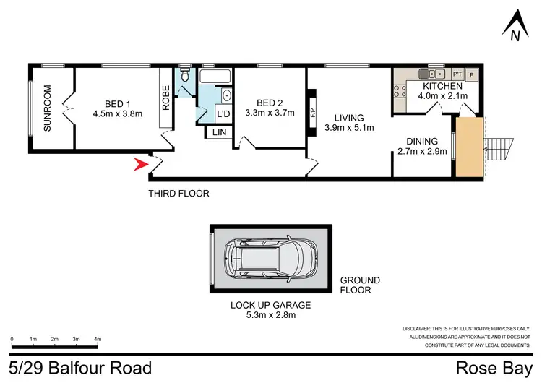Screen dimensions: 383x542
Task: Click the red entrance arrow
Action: (x=140, y=166)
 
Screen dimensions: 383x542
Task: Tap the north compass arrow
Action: (x=514, y=23)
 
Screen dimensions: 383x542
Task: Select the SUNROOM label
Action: (x=48, y=108)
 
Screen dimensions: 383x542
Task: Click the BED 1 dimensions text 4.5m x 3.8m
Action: (x=118, y=113)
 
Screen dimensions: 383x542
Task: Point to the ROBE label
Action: (x=165, y=98)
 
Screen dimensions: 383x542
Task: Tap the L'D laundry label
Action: (x=223, y=114)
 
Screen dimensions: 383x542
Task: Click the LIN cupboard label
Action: (x=218, y=132)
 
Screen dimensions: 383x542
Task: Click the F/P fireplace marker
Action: (x=313, y=113)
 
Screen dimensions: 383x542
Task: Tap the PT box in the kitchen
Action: (x=457, y=74)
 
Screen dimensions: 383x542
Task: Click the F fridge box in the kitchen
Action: (x=472, y=74)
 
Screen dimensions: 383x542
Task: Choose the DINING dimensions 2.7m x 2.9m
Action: (x=422, y=152)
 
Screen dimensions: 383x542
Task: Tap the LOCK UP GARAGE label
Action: (x=271, y=305)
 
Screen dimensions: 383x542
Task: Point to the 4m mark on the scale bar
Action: (x=98, y=339)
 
